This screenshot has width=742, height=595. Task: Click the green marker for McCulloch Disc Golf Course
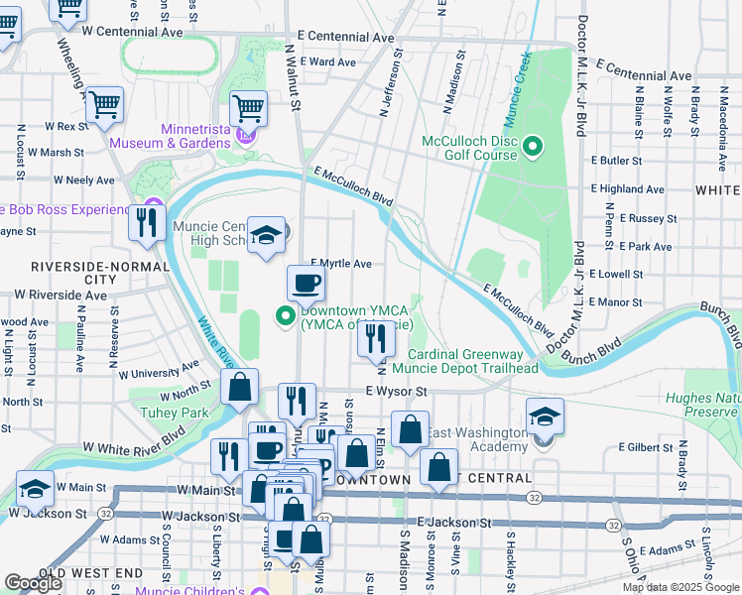533,149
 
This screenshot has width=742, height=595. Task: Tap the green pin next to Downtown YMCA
285,317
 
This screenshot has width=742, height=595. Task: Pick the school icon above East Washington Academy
545,416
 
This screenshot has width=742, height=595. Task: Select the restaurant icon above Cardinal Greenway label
376,340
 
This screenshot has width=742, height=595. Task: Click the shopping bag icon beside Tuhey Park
239,388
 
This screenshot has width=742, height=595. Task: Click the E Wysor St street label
396,392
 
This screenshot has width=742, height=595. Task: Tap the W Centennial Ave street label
133,32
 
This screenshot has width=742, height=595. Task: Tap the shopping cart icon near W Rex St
104,104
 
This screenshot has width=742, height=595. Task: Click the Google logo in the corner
33,583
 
